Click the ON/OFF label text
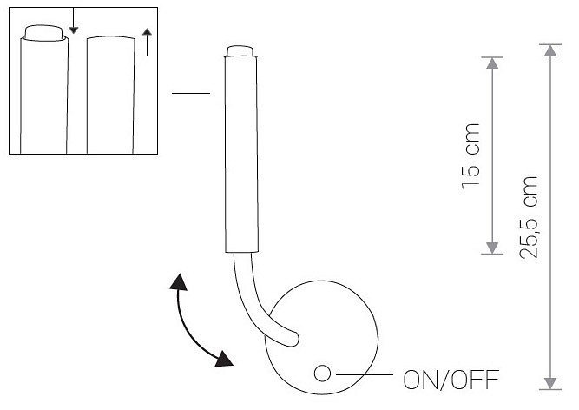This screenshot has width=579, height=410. click(451, 380)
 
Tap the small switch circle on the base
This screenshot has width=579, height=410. click(322, 374)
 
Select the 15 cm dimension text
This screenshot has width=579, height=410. click(470, 156)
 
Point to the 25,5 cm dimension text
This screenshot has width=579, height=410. click(529, 217)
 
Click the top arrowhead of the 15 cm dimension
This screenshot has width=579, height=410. click(492, 63)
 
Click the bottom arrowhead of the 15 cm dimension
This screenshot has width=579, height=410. click(492, 248)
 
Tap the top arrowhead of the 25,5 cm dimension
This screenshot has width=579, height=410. click(550, 50)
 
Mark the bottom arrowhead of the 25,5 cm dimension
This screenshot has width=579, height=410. click(550, 383)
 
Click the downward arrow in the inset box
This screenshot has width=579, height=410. click(74, 21)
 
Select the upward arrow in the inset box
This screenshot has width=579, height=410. click(147, 42)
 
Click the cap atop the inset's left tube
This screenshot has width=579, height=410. click(43, 32)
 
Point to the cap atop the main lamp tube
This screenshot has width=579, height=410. click(240, 51)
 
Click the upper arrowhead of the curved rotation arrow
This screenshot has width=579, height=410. click(179, 282)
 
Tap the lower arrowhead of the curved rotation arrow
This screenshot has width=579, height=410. click(223, 359)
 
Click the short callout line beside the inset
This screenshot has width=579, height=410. click(191, 93)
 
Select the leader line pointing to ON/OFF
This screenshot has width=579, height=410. click(365, 374)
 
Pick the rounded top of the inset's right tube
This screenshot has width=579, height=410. click(111, 37)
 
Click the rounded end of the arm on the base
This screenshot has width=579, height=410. click(293, 339)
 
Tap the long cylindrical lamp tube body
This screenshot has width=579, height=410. click(241, 155)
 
